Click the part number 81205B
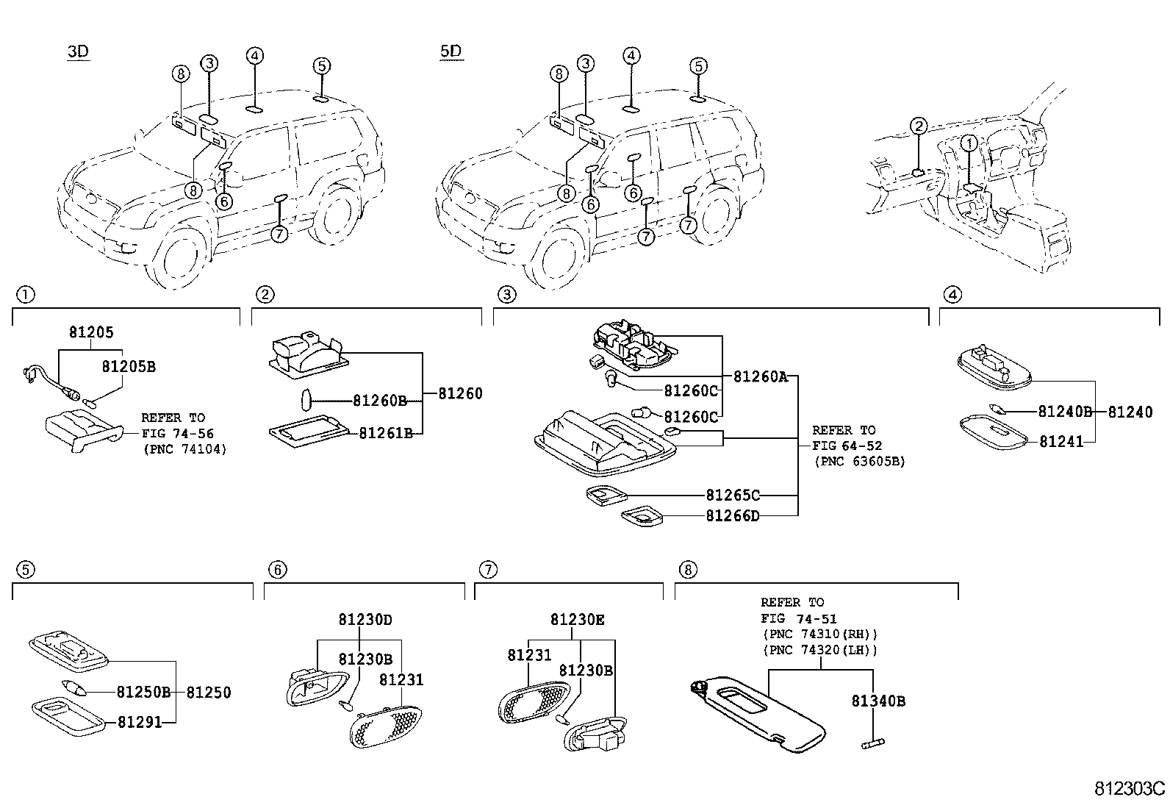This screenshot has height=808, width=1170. coord(129,366)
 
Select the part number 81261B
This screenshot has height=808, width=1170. coord(386,433)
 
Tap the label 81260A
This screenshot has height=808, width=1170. coord(761,376)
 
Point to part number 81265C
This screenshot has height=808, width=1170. coord(733,495)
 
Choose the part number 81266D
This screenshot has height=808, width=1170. coord(733,516)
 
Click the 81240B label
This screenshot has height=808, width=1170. coord(1065,412)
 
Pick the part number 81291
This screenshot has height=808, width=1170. coord(140,722)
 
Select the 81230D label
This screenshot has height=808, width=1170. coord(365,620)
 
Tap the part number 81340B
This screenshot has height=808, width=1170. coord(878,701)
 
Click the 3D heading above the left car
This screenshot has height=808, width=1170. coord(79,51)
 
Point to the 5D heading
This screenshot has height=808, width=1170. coord(451,51)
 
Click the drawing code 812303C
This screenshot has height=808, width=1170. coord(1130,788)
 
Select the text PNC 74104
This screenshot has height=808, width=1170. coord(185,449)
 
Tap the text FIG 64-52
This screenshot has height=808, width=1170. coord(847,446)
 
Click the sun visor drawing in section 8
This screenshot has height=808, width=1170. coord(758,714)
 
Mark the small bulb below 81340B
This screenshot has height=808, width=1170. coord(873,743)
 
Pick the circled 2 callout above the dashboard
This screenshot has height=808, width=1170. coord(918,126)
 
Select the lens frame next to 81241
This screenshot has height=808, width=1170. coord(994,432)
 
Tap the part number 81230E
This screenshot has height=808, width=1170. coord(577,620)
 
